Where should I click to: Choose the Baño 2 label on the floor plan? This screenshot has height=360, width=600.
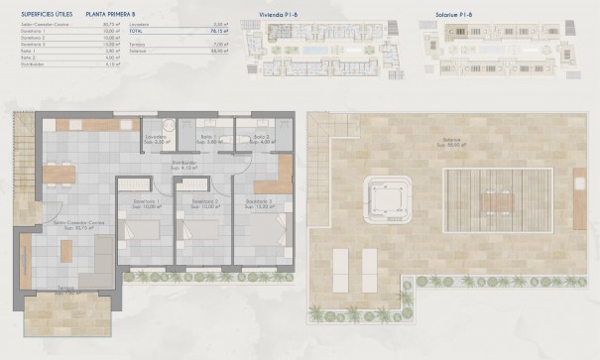261,139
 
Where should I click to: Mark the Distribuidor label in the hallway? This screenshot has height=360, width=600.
209,164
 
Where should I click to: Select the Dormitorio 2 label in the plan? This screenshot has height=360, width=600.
205,203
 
